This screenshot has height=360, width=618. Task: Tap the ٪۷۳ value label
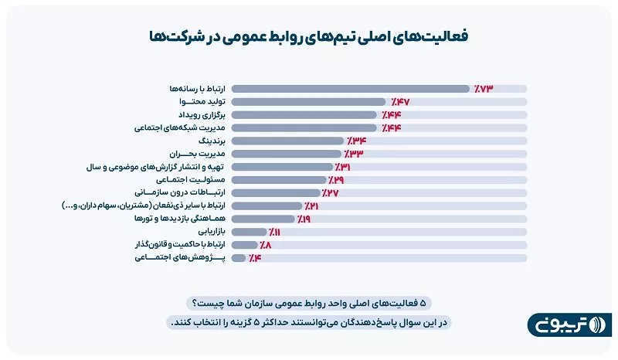click(x=482, y=89)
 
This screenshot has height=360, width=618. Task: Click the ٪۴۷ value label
click(x=399, y=102)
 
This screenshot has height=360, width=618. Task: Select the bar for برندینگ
click(x=287, y=141)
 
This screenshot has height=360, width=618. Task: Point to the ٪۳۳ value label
click(x=352, y=155)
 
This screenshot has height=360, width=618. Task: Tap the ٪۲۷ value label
click(x=331, y=193)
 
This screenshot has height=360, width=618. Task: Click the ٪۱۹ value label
click(x=304, y=219)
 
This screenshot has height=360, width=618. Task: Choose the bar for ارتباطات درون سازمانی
click(x=276, y=193)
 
